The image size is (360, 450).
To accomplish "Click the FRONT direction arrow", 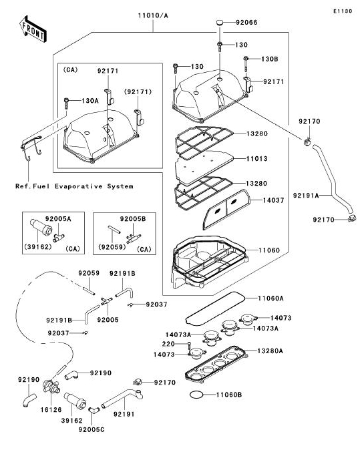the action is [x=33, y=29].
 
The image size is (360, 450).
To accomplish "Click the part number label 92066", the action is [x=246, y=23].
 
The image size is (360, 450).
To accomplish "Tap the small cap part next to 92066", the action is [x=220, y=22].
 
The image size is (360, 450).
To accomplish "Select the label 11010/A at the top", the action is [x=153, y=15].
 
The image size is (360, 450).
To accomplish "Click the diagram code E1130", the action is [x=343, y=11].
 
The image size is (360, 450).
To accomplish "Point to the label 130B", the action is [x=270, y=59].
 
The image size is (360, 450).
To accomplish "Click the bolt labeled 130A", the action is [x=67, y=103].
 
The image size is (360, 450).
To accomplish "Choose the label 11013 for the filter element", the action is [x=257, y=159].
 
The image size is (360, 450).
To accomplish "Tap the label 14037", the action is [x=274, y=200].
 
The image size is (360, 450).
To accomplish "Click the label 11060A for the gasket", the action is [x=271, y=298].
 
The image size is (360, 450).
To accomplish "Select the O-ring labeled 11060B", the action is [x=197, y=395].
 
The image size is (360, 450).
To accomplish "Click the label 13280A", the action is [x=270, y=351].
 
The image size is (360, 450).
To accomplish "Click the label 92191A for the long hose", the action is [x=306, y=196].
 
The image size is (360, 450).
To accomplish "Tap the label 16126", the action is [x=51, y=410].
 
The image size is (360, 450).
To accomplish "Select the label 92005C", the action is [x=92, y=429].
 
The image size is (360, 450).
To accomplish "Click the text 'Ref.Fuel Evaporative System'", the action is [x=74, y=186].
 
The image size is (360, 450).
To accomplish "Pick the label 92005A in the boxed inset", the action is [x=58, y=219].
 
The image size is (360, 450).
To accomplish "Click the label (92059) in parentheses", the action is [x=112, y=247].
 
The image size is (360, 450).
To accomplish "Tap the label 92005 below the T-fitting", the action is [x=108, y=320].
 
